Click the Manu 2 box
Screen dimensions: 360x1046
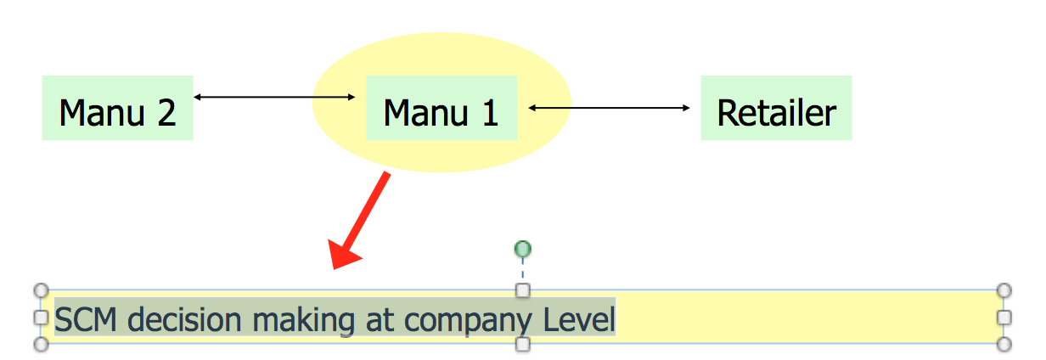(117, 108)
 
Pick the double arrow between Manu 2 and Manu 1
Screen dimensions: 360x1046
(274, 97)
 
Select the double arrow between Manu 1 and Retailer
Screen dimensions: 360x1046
(609, 108)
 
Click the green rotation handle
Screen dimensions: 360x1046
(523, 249)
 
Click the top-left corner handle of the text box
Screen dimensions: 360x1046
(40, 290)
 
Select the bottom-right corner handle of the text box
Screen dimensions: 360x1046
(1004, 344)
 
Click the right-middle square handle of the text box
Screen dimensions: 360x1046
(1004, 317)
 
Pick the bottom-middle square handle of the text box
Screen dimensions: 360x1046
(523, 344)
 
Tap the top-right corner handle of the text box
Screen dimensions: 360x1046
(1004, 290)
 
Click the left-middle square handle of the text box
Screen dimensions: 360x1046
(40, 317)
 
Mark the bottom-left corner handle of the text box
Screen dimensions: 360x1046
(40, 344)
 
